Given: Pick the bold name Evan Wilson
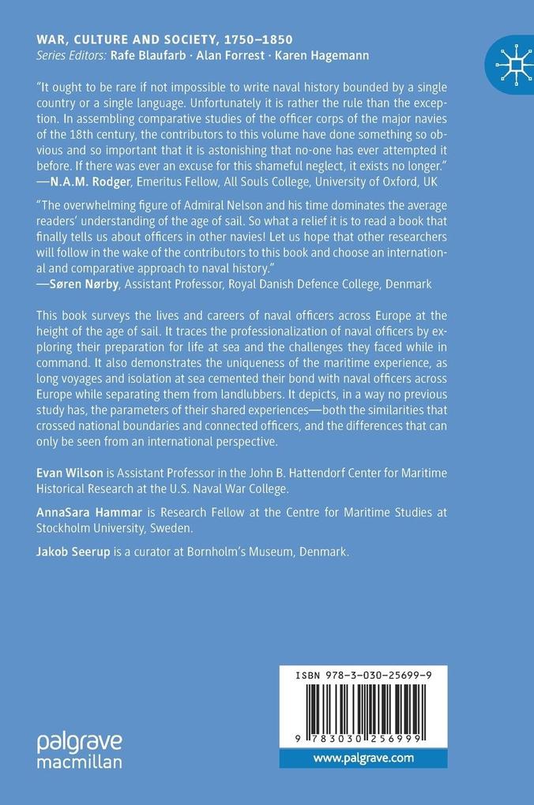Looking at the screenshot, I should [70, 472].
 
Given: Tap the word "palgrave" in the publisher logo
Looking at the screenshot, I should [80, 743].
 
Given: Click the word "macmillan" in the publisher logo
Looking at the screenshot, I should [80, 762].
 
